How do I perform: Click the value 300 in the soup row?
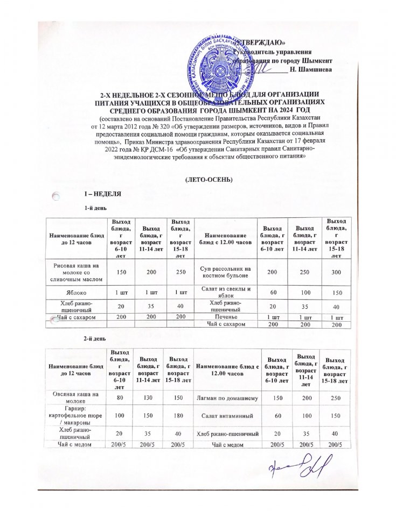337,273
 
